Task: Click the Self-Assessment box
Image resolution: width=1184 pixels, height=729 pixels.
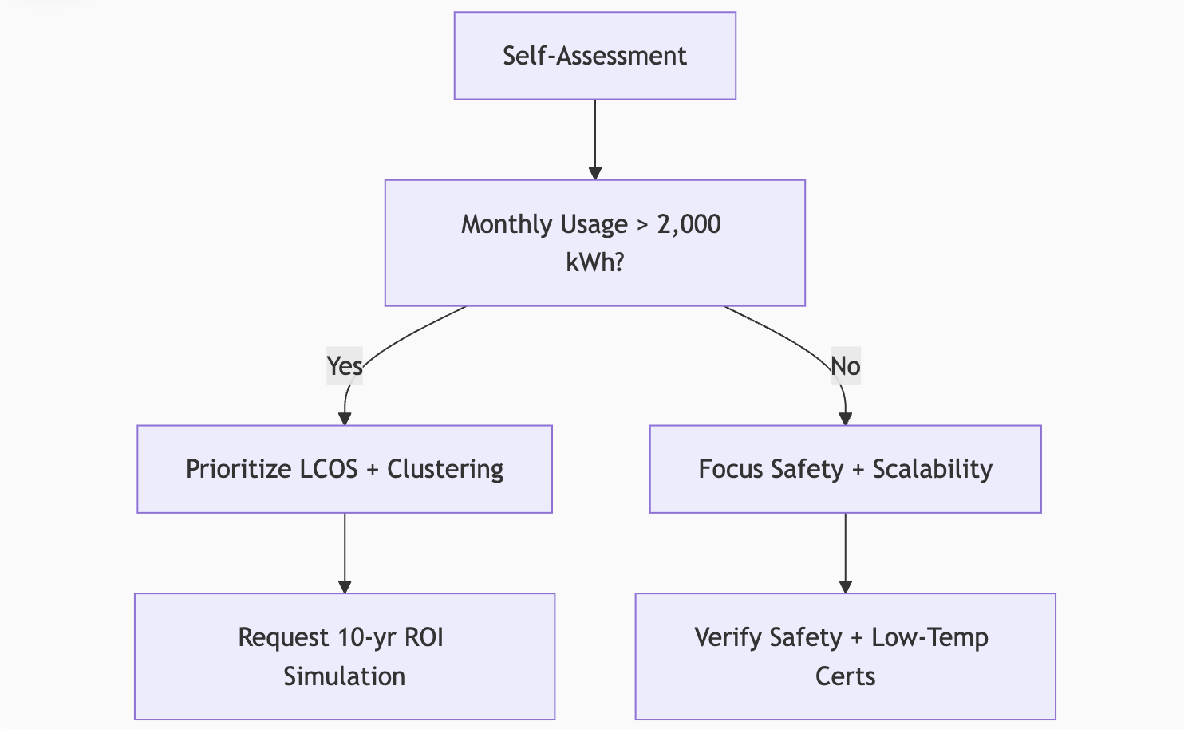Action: [594, 56]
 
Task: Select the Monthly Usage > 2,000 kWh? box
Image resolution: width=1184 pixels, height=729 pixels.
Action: [594, 243]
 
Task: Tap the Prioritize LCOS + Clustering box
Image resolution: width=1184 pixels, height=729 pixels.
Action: [345, 469]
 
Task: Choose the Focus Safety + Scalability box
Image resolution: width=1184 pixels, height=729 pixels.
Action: [845, 469]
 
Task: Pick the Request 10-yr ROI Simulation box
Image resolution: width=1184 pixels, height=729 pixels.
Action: [345, 656]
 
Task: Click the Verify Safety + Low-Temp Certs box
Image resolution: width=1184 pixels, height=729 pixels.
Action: [845, 656]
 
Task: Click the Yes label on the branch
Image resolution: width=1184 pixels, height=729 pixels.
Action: [345, 366]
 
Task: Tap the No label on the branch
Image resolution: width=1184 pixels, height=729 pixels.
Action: [845, 366]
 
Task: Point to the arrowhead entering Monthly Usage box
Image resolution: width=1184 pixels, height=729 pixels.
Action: [595, 173]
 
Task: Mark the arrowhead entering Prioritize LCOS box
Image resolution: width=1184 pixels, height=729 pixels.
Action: [345, 419]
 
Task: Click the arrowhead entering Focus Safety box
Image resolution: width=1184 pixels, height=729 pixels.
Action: [846, 419]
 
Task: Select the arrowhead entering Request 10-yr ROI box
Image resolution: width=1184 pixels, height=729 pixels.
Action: [345, 587]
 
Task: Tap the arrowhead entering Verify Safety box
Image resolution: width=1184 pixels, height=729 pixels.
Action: [846, 587]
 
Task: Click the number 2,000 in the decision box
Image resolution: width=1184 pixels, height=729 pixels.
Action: [689, 225]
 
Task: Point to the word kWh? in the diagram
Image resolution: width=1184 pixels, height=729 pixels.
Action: [594, 262]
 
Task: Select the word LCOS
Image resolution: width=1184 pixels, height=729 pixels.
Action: [328, 469]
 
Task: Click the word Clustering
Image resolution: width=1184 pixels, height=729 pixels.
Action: [445, 469]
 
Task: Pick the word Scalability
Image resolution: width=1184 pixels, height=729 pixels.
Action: [932, 469]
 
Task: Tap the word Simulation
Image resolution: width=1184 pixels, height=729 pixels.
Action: [345, 676]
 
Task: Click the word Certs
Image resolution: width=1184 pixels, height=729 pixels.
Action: [845, 676]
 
